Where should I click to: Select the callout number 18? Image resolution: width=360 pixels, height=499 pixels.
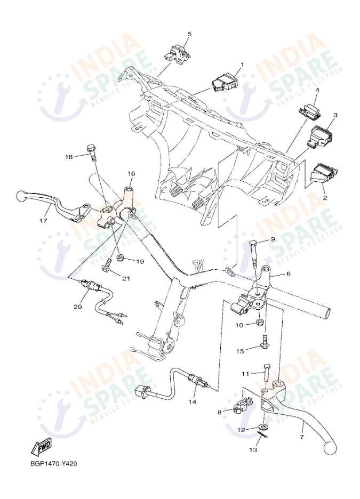pyautogui.click(x=69, y=157)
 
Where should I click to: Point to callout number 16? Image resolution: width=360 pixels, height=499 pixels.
pyautogui.click(x=131, y=174)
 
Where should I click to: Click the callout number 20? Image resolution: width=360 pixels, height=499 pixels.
pyautogui.click(x=78, y=307)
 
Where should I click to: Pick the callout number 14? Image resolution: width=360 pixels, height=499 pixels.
pyautogui.click(x=191, y=401)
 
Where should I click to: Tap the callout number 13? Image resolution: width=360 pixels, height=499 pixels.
pyautogui.click(x=253, y=450)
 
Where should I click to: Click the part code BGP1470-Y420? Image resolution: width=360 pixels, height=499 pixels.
pyautogui.click(x=54, y=463)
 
